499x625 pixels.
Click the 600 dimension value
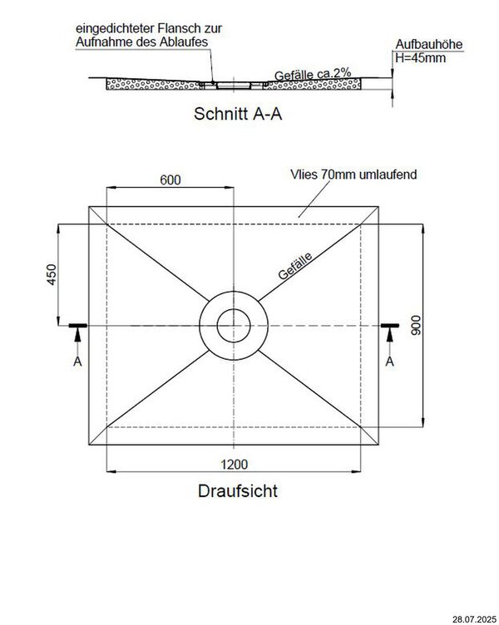coord(170,180)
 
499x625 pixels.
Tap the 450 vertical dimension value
coord(51,275)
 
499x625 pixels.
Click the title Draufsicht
coord(238,490)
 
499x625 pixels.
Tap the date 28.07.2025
coord(475,618)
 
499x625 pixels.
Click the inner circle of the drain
coord(235,326)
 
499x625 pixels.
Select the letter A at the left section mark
coord(77,362)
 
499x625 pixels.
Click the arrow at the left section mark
coord(77,336)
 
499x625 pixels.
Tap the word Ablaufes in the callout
coord(185,41)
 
